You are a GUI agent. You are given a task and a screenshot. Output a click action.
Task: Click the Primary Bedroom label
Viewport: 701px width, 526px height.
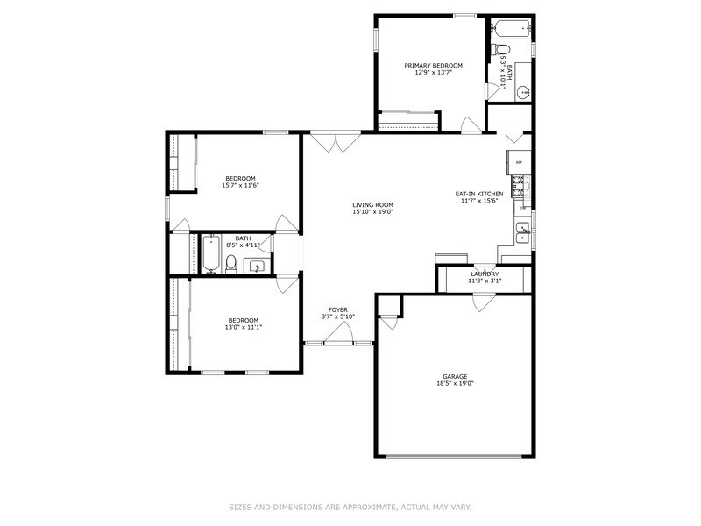[433, 66]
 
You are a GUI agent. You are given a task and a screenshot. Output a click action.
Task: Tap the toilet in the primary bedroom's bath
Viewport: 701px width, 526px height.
[497, 49]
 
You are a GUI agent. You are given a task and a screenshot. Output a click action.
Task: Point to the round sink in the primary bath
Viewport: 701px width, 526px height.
[523, 91]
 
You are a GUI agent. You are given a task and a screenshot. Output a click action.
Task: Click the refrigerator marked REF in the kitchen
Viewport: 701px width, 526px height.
[518, 162]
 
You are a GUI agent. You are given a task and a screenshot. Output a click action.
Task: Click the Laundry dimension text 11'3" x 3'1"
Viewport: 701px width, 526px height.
[485, 281]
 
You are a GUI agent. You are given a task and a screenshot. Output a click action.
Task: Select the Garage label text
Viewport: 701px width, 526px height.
[455, 376]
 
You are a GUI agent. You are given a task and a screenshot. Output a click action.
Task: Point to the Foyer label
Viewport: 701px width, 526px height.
[337, 310]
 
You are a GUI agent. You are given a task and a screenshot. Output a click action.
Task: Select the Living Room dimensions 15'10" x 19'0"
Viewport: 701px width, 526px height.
[372, 211]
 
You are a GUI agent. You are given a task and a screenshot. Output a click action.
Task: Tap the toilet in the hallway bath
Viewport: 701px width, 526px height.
[231, 264]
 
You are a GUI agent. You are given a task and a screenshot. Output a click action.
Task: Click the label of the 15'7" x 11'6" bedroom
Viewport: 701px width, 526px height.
[240, 179]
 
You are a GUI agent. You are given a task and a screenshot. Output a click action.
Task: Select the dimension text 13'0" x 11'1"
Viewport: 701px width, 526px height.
[244, 327]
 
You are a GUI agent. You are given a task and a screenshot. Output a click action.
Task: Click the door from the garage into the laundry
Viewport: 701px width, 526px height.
[481, 302]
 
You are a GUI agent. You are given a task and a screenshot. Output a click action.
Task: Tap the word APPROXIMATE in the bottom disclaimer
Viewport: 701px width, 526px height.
[367, 508]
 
